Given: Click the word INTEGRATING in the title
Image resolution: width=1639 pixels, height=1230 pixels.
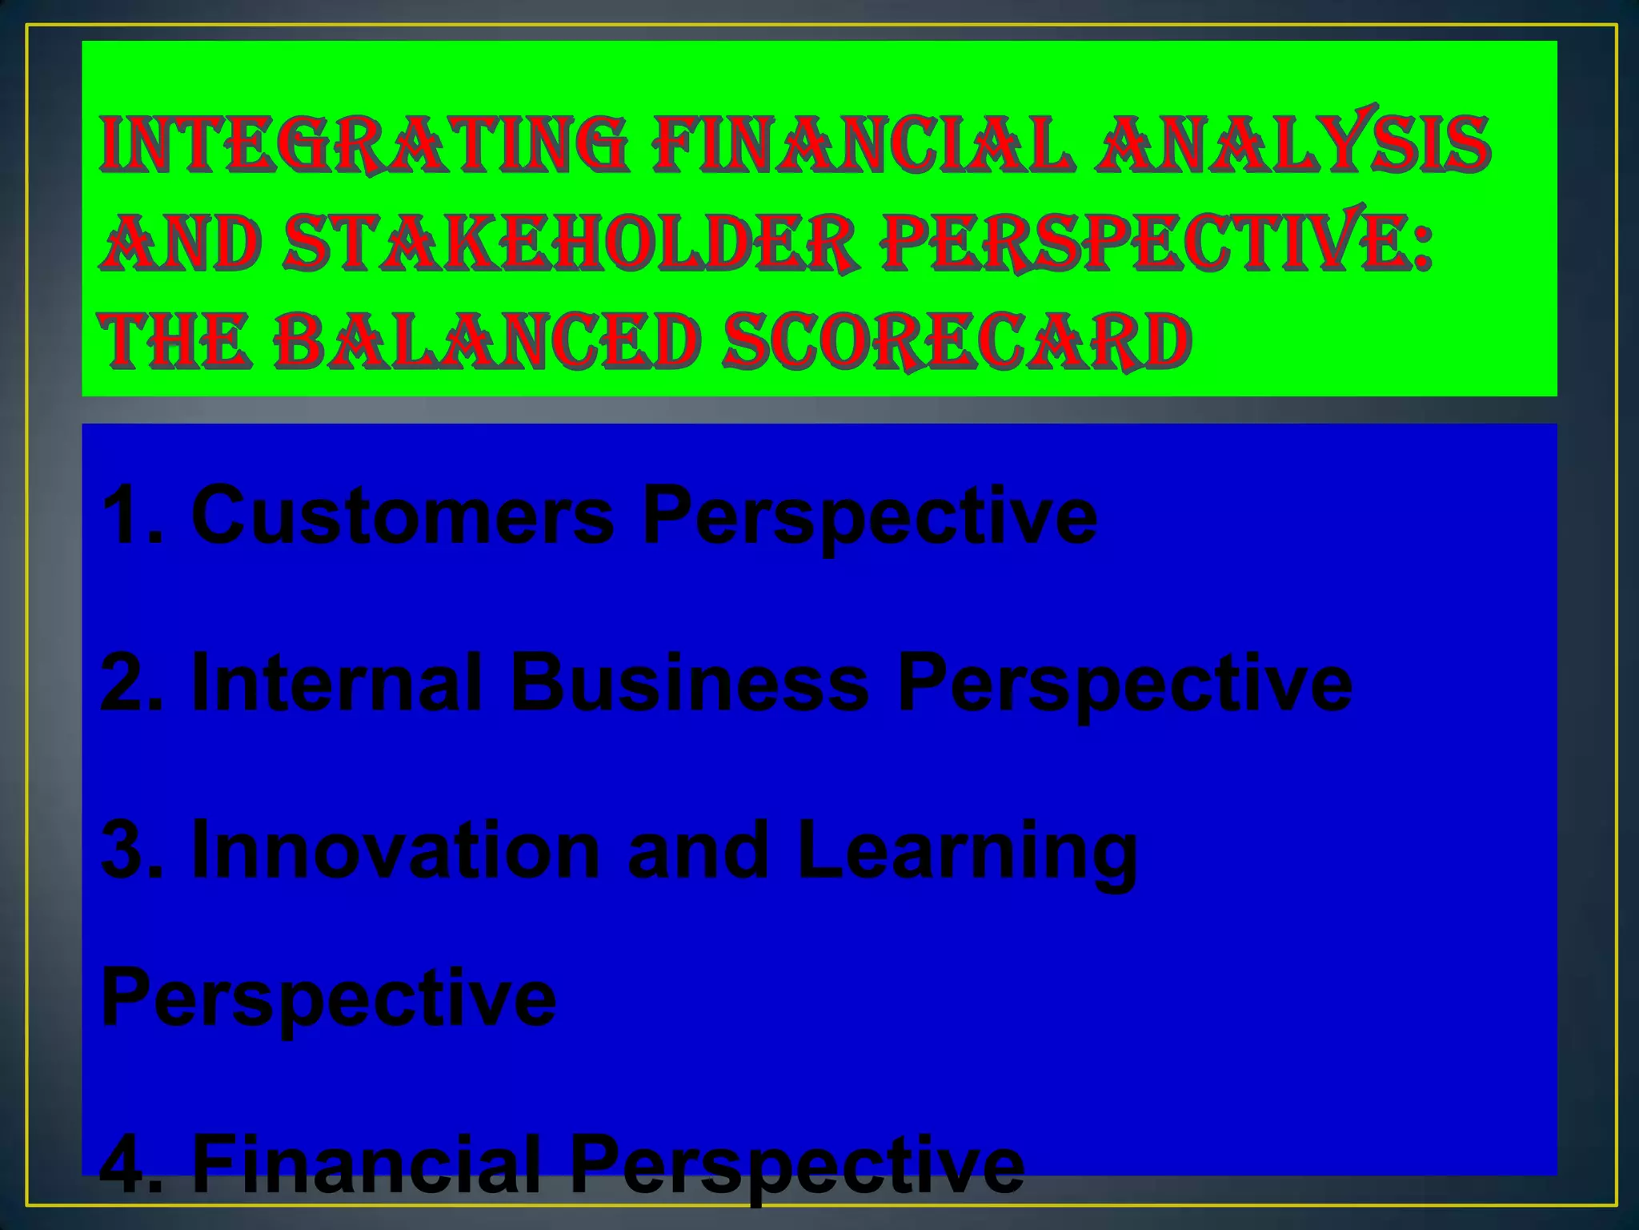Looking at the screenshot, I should [x=364, y=144].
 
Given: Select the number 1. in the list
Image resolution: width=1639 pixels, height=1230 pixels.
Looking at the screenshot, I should [x=132, y=516].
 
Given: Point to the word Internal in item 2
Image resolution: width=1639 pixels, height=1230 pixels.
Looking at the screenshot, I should [x=337, y=682].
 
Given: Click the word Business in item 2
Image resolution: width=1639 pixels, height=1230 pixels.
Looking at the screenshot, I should [x=689, y=682].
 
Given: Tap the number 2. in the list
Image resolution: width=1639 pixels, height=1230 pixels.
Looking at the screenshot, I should [x=132, y=682].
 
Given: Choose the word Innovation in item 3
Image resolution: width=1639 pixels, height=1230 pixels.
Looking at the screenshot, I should [x=396, y=850].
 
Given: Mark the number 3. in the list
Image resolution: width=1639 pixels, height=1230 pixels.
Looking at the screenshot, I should [x=132, y=850].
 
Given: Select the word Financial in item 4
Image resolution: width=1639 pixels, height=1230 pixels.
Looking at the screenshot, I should [x=367, y=1164].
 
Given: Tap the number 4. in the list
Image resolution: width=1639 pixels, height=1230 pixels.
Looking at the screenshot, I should [x=132, y=1164].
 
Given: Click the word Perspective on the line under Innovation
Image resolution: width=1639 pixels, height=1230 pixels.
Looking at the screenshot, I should [x=328, y=999].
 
